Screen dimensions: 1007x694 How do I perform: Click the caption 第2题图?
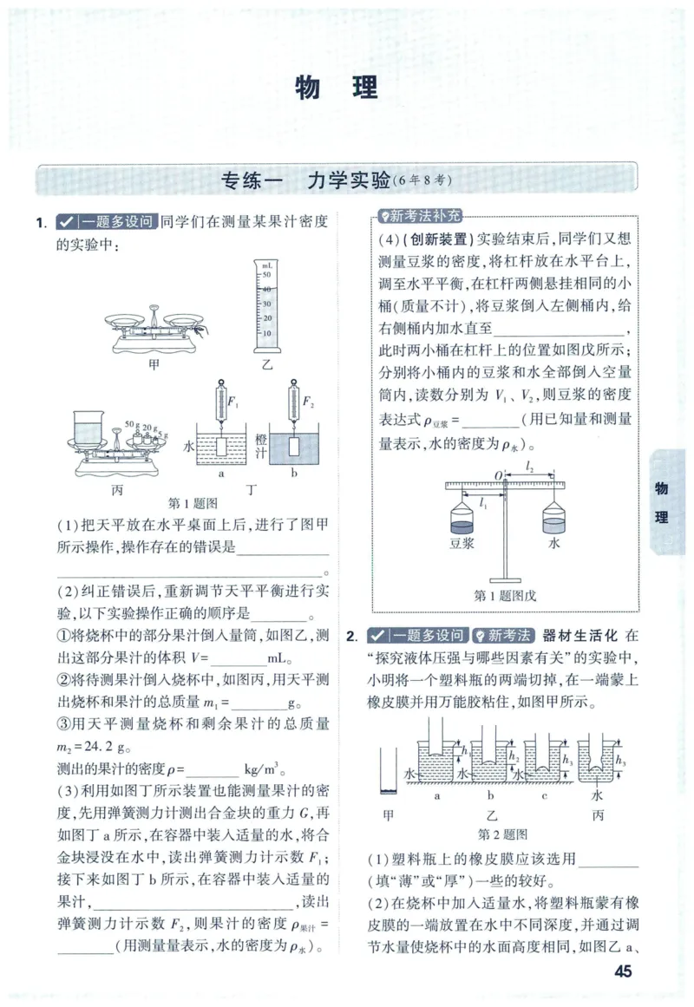pos(503,834)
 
